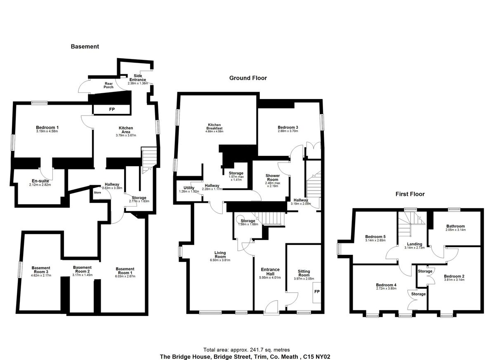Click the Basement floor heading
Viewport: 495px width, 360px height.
[85, 47]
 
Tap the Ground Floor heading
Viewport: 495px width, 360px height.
[248, 78]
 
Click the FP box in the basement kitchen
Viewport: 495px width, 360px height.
[111, 109]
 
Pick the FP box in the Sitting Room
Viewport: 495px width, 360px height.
[316, 292]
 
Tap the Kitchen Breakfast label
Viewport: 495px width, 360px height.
[215, 127]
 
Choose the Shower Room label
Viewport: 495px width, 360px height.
[272, 178]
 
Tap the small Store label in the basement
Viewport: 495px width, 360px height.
[97, 193]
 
